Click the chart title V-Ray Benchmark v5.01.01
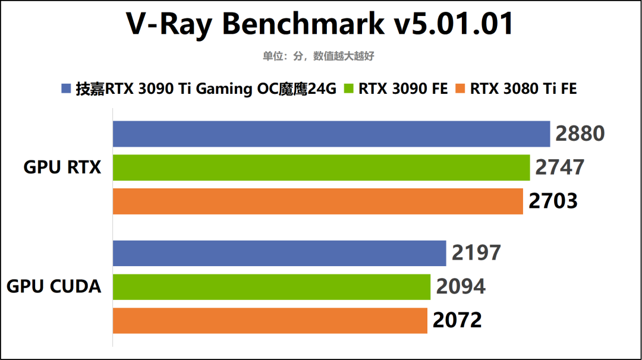tap(320, 24)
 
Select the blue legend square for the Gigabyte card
tap(66, 89)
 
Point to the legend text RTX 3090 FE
tap(402, 89)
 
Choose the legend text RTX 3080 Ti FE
tap(523, 89)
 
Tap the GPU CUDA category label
tap(54, 287)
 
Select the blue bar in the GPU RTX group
tap(331, 134)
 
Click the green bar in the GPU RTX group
tap(321, 168)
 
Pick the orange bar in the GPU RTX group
tap(318, 201)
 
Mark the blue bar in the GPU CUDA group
tap(279, 253)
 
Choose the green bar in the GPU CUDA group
tap(272, 287)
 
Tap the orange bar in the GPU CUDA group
tap(270, 321)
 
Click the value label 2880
tap(580, 134)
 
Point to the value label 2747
tap(559, 168)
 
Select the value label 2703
tap(553, 201)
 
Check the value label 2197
tap(476, 253)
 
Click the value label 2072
tap(457, 321)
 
